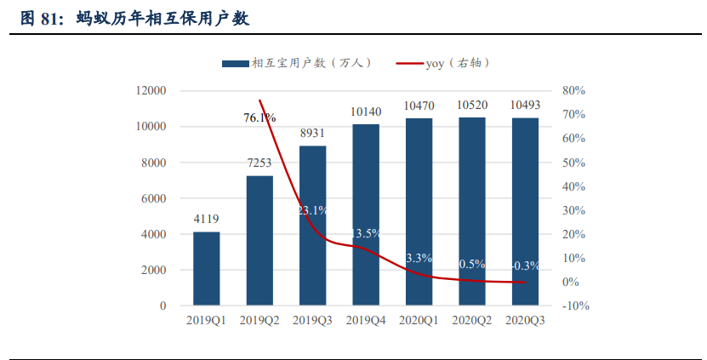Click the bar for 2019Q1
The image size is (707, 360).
tap(206, 268)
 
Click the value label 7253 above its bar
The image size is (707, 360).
tap(259, 163)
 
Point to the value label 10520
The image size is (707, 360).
tap(472, 106)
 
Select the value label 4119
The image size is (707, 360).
tap(206, 219)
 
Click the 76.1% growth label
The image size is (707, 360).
tap(259, 118)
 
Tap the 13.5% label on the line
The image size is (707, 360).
tap(366, 233)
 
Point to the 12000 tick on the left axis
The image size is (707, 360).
tap(151, 91)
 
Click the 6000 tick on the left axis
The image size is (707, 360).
tap(154, 198)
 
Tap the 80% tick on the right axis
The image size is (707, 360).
tap(574, 91)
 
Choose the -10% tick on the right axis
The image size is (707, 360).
tap(576, 306)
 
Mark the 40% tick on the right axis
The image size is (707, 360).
tap(574, 186)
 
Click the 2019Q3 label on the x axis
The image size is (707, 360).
tap(312, 321)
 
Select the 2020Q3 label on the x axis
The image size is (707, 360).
tap(525, 321)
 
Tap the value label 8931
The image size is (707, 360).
tap(312, 133)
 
